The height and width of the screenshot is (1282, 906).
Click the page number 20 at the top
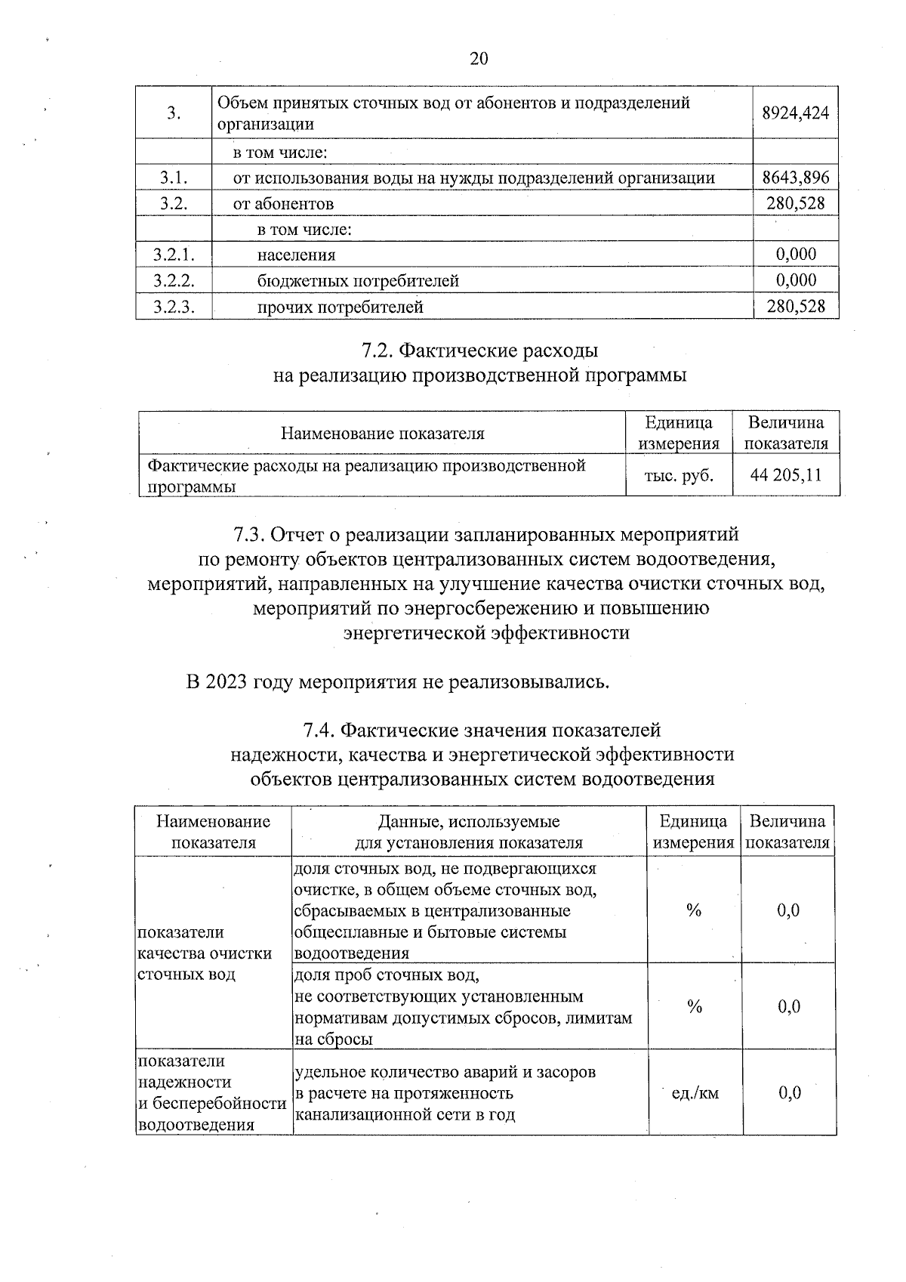[x=479, y=59]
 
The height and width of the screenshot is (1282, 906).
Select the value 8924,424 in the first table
[x=795, y=113]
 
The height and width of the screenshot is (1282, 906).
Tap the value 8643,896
[x=795, y=178]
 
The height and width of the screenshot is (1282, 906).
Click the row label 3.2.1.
[x=174, y=255]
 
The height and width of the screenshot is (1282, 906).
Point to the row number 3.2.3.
[x=174, y=307]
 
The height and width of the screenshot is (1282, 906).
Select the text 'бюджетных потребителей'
[x=358, y=281]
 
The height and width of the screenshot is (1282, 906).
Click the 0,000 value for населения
[x=797, y=255]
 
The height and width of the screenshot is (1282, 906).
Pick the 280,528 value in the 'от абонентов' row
[x=795, y=203]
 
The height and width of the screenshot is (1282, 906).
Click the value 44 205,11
[x=785, y=475]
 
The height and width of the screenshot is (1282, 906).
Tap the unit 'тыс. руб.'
[x=679, y=475]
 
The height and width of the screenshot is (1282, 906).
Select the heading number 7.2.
[x=375, y=351]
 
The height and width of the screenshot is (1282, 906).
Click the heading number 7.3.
[x=248, y=535]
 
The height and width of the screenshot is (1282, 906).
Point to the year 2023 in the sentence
[x=226, y=682]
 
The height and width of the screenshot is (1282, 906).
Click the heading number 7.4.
[x=319, y=731]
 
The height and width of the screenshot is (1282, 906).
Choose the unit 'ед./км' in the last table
[x=695, y=1092]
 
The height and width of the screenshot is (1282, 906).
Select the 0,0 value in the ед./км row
[x=788, y=1092]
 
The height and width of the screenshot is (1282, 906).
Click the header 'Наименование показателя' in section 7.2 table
[x=382, y=434]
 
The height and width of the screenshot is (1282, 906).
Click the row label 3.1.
[x=174, y=178]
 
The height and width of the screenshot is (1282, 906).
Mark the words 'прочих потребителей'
[x=340, y=307]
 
